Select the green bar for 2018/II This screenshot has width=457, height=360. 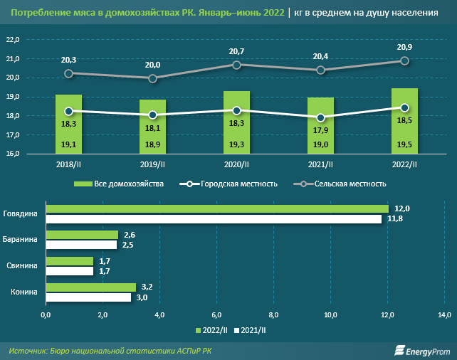(68, 125)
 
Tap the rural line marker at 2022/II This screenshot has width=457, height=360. (405, 61)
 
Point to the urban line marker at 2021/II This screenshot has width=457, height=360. (321, 117)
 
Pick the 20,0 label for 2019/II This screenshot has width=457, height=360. (152, 65)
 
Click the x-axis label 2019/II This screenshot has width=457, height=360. (152, 164)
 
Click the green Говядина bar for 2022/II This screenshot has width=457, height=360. (217, 208)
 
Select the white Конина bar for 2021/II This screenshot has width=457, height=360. (88, 297)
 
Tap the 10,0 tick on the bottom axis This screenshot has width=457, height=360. (331, 314)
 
